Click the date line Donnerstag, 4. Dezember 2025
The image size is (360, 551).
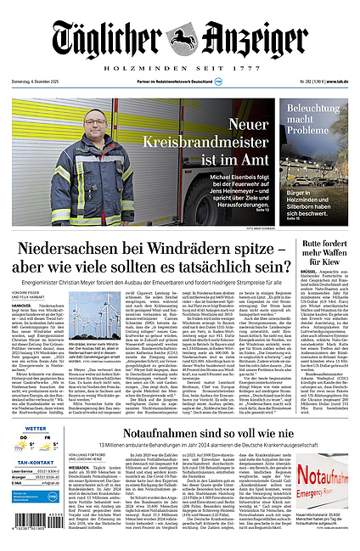click(41, 82)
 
